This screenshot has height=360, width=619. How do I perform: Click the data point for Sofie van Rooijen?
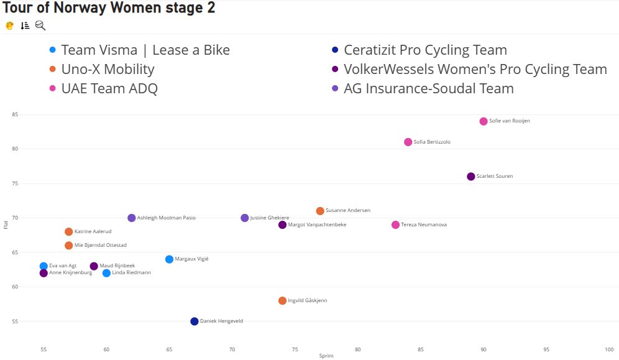(x=484, y=121)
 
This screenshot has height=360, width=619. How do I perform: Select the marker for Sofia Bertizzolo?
(x=408, y=142)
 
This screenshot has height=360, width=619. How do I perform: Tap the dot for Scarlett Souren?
(x=471, y=177)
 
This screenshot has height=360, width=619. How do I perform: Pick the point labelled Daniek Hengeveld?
(x=195, y=321)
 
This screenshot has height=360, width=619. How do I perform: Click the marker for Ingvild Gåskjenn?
(x=283, y=301)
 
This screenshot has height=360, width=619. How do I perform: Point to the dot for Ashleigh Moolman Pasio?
(x=132, y=218)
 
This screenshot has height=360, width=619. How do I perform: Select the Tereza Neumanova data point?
(x=396, y=225)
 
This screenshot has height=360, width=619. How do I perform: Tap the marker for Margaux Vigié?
(x=170, y=259)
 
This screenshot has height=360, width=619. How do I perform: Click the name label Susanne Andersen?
(x=347, y=211)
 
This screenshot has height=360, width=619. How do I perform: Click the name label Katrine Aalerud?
(x=93, y=232)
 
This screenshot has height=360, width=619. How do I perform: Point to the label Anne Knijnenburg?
(x=70, y=273)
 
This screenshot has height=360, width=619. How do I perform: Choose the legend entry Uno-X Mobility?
(x=108, y=69)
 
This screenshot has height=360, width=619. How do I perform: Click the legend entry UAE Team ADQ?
(x=109, y=88)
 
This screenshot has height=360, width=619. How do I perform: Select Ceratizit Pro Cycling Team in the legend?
(x=425, y=50)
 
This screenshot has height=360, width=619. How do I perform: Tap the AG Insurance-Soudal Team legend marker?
(x=335, y=88)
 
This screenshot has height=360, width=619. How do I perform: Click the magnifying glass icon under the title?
(x=40, y=25)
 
